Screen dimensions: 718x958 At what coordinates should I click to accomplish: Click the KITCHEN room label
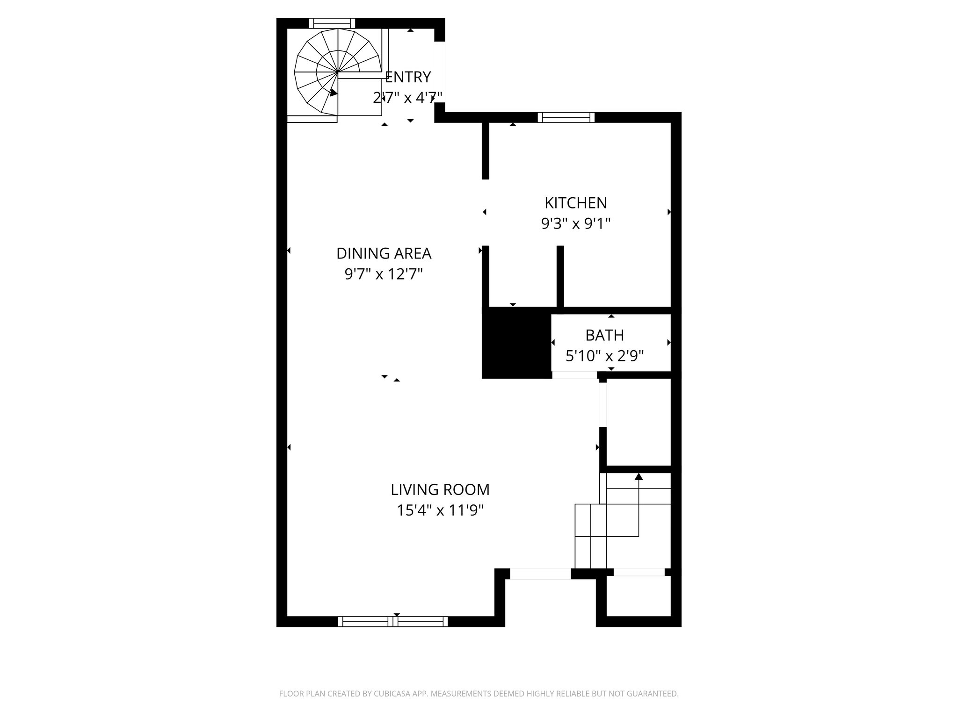pyautogui.click(x=575, y=203)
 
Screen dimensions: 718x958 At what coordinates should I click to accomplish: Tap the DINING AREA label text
pyautogui.click(x=384, y=253)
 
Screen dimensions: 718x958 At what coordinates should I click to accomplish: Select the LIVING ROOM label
pyautogui.click(x=440, y=489)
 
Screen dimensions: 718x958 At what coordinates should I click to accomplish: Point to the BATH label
pyautogui.click(x=604, y=335)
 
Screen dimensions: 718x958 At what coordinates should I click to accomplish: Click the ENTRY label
pyautogui.click(x=407, y=77)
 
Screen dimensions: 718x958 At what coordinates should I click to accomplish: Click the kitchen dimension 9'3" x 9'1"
pyautogui.click(x=575, y=224)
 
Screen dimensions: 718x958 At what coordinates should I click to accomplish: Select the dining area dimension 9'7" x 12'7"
pyautogui.click(x=384, y=274)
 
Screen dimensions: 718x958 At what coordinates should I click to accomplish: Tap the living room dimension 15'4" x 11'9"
pyautogui.click(x=440, y=510)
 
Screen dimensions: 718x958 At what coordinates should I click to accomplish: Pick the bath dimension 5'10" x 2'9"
pyautogui.click(x=604, y=356)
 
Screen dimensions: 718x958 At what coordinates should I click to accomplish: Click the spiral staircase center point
pyautogui.click(x=338, y=72)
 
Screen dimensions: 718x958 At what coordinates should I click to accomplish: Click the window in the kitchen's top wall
pyautogui.click(x=566, y=117)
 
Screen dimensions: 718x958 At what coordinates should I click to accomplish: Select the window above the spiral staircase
pyautogui.click(x=332, y=23)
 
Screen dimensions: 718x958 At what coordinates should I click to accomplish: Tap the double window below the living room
pyautogui.click(x=393, y=621)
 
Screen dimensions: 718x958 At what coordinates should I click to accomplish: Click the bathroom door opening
pyautogui.click(x=574, y=375)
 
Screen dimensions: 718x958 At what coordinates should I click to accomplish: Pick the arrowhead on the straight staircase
pyautogui.click(x=639, y=477)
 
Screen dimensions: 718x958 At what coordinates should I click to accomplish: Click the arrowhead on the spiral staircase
pyautogui.click(x=333, y=93)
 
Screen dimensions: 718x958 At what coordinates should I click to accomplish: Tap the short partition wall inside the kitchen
pyautogui.click(x=560, y=276)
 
